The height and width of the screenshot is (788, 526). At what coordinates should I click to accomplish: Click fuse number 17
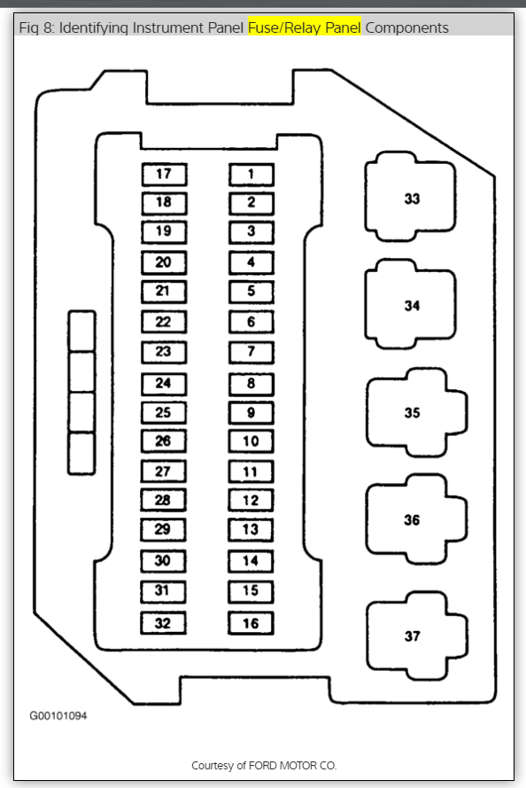164,175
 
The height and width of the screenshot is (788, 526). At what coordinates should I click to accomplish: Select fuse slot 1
251,175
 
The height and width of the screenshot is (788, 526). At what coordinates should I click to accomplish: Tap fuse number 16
251,623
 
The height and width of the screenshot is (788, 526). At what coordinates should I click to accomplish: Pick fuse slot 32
163,623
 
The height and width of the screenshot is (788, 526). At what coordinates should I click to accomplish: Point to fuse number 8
251,384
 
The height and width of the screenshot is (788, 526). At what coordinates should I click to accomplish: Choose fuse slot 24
164,384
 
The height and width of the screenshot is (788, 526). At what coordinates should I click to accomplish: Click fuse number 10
251,441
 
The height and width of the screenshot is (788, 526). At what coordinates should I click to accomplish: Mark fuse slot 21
164,292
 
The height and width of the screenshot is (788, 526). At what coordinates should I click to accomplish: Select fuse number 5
251,292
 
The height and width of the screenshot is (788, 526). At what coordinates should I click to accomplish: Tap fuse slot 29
163,530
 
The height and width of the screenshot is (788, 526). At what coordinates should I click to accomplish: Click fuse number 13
251,530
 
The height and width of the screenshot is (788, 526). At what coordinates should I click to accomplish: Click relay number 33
411,198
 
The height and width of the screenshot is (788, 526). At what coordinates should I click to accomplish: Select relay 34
411,305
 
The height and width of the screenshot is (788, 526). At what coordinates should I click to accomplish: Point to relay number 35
416,412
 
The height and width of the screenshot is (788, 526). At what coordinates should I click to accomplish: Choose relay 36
416,519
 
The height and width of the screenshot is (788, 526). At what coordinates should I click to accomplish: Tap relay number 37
416,636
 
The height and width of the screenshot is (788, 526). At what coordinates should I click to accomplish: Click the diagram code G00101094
58,715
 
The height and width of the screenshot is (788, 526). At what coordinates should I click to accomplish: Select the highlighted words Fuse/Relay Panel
305,27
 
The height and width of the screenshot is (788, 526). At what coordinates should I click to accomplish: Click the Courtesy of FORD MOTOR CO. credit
264,765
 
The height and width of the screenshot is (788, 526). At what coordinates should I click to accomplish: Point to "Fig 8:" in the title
36,27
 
